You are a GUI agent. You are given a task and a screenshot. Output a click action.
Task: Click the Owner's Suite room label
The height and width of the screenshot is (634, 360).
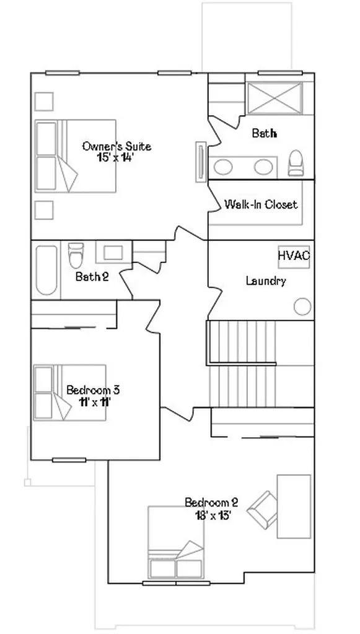116,146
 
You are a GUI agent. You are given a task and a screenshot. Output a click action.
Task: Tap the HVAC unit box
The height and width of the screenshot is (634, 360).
294,257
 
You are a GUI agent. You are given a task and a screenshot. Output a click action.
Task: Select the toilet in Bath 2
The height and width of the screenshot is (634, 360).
76,255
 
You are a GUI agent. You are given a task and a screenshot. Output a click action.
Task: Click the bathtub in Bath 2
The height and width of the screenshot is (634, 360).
46,270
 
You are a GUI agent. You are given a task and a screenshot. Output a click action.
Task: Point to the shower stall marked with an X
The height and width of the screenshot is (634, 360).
274,98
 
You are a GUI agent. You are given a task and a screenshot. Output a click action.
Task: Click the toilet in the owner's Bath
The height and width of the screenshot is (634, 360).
296,163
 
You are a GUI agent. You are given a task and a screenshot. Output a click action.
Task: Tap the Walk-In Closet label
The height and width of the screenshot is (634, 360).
261,204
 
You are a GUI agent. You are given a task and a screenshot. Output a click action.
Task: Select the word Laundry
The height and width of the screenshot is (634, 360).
266,280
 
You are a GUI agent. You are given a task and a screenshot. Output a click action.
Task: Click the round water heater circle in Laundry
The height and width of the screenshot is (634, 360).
302,306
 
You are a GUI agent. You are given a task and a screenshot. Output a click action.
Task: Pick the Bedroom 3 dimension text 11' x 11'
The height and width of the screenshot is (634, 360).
95,402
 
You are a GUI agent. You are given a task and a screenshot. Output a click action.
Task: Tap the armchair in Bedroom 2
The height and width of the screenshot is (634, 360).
263,510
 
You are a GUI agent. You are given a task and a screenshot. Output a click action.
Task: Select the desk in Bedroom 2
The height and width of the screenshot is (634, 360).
294,506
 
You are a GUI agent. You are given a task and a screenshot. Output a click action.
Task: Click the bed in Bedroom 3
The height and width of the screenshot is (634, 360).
69,393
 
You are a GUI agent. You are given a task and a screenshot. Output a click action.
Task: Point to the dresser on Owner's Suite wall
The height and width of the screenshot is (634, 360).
201,162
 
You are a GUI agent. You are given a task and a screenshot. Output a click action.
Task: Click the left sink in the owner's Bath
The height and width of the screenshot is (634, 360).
223,167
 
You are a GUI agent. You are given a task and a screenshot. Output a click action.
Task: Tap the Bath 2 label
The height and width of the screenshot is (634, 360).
92,277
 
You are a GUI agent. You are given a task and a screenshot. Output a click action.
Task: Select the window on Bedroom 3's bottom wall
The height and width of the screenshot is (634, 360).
69,460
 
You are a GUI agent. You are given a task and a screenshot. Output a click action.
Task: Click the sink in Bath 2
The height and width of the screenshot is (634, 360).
113,253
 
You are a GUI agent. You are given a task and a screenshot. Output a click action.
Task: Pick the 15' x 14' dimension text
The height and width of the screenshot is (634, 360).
115,157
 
